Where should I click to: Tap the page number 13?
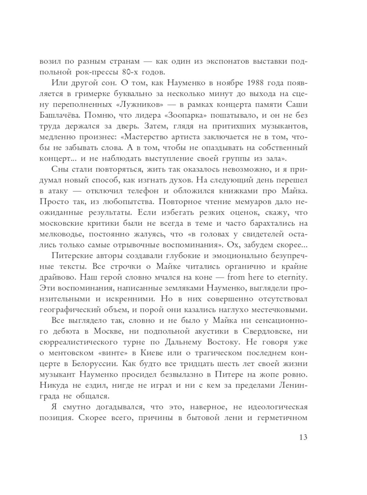tap(303, 437)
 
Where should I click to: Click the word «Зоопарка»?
tap(188, 115)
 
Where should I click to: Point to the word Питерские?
tap(72, 255)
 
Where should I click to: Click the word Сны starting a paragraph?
tap(59, 169)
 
